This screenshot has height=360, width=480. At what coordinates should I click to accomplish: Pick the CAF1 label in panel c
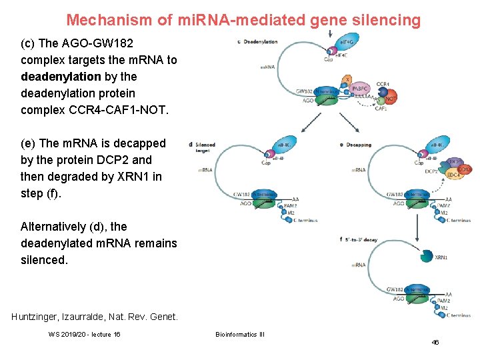click(381, 108)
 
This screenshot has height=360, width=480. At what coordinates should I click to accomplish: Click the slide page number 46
click(435, 342)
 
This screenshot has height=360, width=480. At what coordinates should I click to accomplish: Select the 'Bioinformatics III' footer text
click(240, 334)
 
